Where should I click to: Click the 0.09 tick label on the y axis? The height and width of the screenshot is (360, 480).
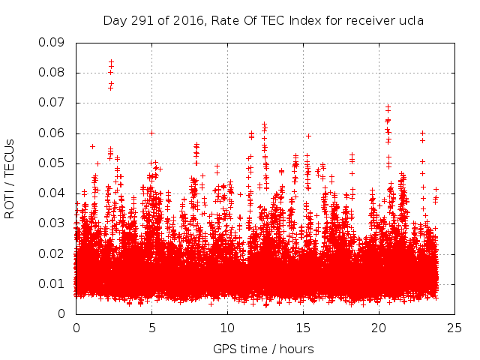(x=52, y=42)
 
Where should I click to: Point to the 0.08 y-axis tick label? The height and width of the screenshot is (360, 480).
(x=52, y=73)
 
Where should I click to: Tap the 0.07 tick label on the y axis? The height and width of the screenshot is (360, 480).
(x=52, y=103)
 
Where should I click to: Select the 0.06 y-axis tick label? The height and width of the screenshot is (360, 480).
(x=52, y=133)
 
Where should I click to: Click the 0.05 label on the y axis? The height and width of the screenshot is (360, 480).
(x=52, y=163)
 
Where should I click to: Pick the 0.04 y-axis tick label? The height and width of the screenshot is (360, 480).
(x=52, y=193)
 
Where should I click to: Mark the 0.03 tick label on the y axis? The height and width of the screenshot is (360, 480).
(x=52, y=223)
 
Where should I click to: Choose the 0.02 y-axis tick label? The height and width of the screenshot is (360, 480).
(x=52, y=253)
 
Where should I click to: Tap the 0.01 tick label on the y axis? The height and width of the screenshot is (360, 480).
(x=52, y=283)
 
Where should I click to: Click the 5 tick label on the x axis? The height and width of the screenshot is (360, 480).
(x=151, y=328)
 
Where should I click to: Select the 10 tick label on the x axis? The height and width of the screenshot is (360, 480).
(x=227, y=328)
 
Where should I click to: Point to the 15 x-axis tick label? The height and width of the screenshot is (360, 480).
(x=303, y=328)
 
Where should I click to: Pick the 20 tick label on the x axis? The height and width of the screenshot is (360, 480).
(x=379, y=328)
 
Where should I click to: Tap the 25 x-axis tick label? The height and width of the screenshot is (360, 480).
(x=454, y=328)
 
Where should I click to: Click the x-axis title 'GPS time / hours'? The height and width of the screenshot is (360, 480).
(x=263, y=349)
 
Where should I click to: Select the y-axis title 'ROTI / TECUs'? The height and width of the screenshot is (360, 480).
(x=10, y=178)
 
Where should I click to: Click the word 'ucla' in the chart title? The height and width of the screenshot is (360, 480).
(x=411, y=20)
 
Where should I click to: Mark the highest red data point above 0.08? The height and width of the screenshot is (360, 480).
(x=111, y=62)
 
